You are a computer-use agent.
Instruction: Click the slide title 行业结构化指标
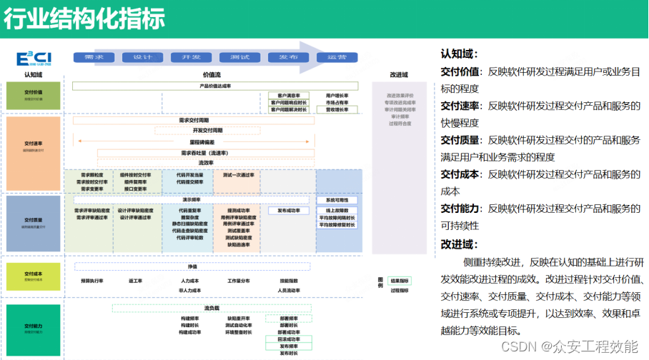click(84, 19)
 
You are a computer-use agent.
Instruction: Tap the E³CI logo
click(34, 58)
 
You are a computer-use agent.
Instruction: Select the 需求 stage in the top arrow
click(94, 57)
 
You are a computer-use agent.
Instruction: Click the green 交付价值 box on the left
click(34, 95)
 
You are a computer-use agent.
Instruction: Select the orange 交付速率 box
click(34, 147)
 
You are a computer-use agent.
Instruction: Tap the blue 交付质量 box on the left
click(34, 222)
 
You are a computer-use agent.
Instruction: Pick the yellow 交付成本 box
click(34, 276)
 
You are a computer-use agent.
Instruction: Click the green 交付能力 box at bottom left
click(34, 329)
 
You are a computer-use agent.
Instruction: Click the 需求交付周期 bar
click(194, 120)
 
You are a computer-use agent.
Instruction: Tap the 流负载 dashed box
click(211, 308)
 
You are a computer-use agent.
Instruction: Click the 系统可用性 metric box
click(337, 201)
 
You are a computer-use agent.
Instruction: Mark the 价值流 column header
click(212, 74)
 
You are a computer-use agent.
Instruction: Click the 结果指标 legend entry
click(400, 281)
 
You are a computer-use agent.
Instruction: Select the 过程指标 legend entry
click(400, 291)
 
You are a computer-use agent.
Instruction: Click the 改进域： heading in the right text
click(460, 244)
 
